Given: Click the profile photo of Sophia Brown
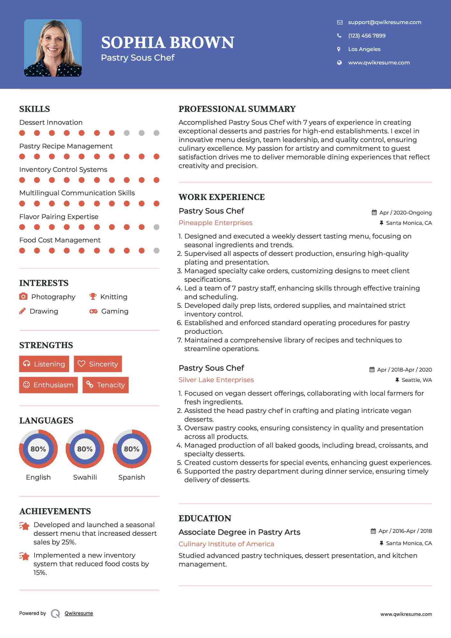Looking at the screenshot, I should pyautogui.click(x=53, y=48).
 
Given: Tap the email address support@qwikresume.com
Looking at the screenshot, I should pyautogui.click(x=384, y=22).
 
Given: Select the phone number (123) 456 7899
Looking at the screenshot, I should pyautogui.click(x=367, y=36).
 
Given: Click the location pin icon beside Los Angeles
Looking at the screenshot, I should pyautogui.click(x=339, y=49).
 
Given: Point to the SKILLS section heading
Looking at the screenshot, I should pyautogui.click(x=35, y=109).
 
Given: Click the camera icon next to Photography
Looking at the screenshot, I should pyautogui.click(x=23, y=297).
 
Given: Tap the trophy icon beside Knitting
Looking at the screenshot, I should pyautogui.click(x=93, y=297).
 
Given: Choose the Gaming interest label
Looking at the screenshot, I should pyautogui.click(x=115, y=311).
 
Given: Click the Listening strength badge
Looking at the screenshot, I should pyautogui.click(x=44, y=364).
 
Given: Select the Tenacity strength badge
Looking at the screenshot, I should pyautogui.click(x=105, y=385).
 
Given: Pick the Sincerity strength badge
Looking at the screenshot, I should pyautogui.click(x=98, y=364).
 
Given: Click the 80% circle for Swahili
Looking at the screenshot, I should pyautogui.click(x=85, y=449).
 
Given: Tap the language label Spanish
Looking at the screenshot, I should pyautogui.click(x=131, y=477).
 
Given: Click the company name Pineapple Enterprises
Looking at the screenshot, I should pyautogui.click(x=215, y=223).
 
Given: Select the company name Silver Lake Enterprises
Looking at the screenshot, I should pyautogui.click(x=216, y=380).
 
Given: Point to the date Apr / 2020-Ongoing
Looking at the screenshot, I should pyautogui.click(x=405, y=213).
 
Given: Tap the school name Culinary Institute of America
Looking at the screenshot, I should pyautogui.click(x=226, y=544).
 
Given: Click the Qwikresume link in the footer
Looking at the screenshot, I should pyautogui.click(x=79, y=613).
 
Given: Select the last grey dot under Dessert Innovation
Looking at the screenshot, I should pyautogui.click(x=156, y=133).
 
